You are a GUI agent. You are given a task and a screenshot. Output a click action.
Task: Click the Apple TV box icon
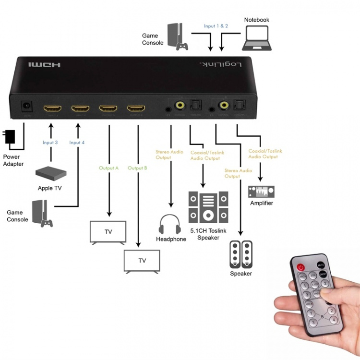[51, 173]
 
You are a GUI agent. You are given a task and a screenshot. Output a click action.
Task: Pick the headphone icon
[170, 224]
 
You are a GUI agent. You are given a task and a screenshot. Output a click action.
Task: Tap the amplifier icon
[261, 192]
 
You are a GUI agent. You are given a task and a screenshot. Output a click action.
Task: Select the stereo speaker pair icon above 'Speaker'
[241, 254]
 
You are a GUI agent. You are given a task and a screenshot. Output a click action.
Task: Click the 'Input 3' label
[50, 143]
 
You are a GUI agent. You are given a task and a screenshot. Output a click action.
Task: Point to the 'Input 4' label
[77, 143]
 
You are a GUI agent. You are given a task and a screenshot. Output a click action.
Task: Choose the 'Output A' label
[109, 168]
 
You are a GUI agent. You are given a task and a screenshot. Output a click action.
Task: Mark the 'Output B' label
[137, 168]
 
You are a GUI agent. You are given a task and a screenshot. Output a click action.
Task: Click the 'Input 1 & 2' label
[216, 26]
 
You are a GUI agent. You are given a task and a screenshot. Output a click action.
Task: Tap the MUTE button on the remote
[321, 264]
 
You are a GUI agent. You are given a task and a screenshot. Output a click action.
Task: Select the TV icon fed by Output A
[108, 232]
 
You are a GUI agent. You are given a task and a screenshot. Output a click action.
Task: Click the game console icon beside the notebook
[178, 37]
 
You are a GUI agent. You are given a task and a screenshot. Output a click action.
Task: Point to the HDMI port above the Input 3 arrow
[52, 108]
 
